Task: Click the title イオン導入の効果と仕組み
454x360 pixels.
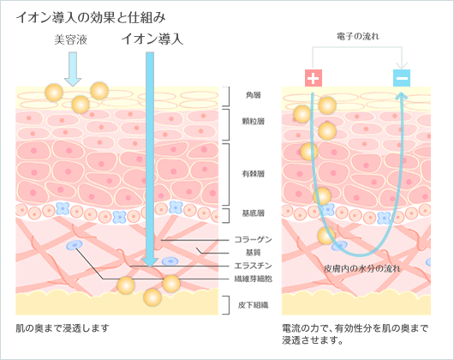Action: coord(91,17)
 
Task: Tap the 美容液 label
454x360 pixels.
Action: coord(70,39)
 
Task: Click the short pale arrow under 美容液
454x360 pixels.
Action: coord(73,69)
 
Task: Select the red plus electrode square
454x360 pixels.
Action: coord(314,78)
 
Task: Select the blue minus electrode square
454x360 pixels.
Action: coord(402,78)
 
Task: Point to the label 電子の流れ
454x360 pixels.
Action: coord(357,37)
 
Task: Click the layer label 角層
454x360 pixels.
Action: coord(253,95)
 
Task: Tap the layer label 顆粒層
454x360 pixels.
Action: coord(253,121)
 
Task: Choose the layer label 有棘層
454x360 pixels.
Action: coord(253,173)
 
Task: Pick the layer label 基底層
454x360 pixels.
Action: coord(253,213)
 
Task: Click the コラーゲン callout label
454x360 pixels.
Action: coord(253,239)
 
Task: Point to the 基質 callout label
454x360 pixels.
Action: coord(253,253)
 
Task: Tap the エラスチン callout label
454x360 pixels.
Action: coord(253,266)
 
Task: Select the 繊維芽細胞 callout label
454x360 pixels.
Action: coord(253,279)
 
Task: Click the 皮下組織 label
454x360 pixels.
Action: coord(253,305)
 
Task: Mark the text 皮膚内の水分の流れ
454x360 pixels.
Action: coord(362,269)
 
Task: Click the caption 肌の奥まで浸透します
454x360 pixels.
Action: coord(63,328)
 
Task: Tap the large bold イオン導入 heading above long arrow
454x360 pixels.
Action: coord(152,39)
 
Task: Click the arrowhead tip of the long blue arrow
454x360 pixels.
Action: coord(150,267)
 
